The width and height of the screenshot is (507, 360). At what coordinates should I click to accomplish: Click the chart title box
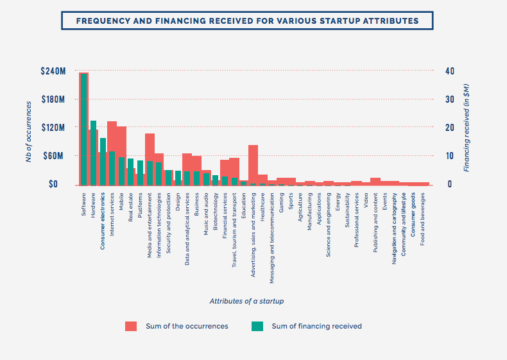(x=247, y=21)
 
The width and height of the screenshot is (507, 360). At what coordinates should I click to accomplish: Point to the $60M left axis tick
(x=55, y=156)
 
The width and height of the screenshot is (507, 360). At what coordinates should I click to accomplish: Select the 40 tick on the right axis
(x=450, y=71)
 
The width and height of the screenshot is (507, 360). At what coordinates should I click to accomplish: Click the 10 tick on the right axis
(x=450, y=156)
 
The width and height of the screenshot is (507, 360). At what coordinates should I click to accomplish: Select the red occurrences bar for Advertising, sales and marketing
(x=253, y=164)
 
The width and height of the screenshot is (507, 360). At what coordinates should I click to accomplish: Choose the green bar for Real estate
(x=131, y=171)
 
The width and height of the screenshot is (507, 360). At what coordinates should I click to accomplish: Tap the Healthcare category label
(x=262, y=205)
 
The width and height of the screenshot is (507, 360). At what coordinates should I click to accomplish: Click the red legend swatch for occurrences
(x=132, y=326)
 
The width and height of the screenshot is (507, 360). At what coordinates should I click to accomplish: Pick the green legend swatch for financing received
(x=257, y=326)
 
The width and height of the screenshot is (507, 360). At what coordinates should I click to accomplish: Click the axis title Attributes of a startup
(x=246, y=301)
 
